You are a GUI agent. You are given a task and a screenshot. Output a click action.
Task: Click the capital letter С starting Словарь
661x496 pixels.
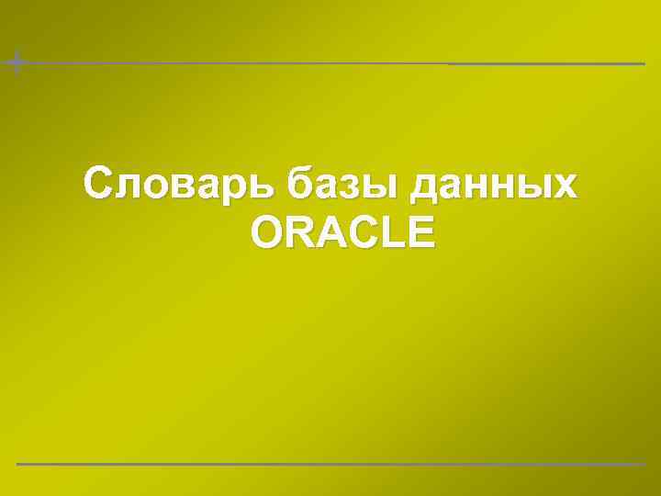pyautogui.click(x=98, y=183)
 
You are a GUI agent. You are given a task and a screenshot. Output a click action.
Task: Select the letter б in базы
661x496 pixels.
pyautogui.click(x=299, y=184)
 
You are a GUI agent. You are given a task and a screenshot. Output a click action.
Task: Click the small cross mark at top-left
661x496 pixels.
pyautogui.click(x=16, y=62)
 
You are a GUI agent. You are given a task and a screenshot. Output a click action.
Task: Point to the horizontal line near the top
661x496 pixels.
pyautogui.click(x=330, y=63)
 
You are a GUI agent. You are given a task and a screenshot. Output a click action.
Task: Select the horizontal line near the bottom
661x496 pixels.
pyautogui.click(x=330, y=464)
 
